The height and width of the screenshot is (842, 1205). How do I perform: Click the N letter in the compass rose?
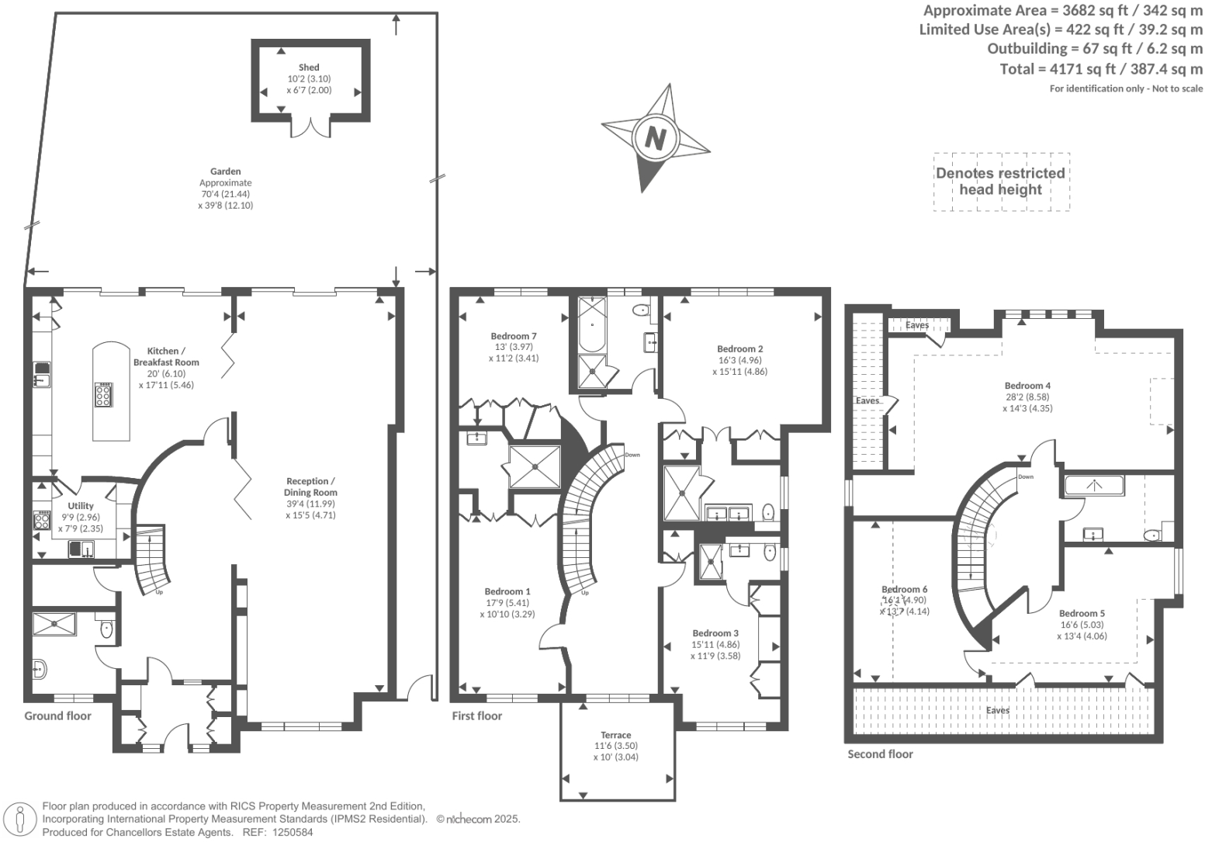656,138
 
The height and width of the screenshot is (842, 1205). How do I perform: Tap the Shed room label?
309,68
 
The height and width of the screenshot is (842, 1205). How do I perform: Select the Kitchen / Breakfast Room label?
166,356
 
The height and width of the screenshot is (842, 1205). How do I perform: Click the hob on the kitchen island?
103,395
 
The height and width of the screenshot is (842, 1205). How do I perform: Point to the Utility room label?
81,506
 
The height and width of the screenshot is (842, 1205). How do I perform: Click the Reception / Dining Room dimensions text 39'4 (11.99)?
310,504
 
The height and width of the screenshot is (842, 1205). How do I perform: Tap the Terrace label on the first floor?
615,735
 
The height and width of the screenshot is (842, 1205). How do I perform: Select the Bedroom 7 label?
514,336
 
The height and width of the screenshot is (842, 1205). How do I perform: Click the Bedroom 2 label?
739,349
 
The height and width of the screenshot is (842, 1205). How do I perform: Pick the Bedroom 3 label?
715,633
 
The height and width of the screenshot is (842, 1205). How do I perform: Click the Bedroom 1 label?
507,591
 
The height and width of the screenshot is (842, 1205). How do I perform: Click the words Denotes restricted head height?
1000,182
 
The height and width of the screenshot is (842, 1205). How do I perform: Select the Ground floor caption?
57,716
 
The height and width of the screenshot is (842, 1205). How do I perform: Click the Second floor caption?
880,754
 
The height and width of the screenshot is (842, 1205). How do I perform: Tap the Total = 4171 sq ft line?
1101,69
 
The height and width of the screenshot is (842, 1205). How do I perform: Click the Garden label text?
225,172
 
